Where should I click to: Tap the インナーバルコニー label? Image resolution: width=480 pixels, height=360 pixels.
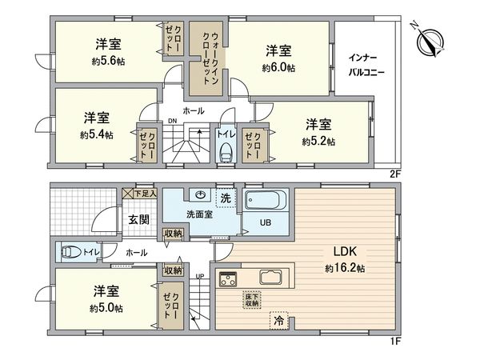point(366,65)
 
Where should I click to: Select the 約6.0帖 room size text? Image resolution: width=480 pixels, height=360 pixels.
point(279,68)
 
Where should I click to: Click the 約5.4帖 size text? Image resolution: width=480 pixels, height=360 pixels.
point(96,134)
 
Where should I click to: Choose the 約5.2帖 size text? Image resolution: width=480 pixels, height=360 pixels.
point(318,142)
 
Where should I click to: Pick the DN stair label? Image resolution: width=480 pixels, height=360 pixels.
point(172,122)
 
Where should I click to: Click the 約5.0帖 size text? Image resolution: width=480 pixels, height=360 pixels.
point(107,308)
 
